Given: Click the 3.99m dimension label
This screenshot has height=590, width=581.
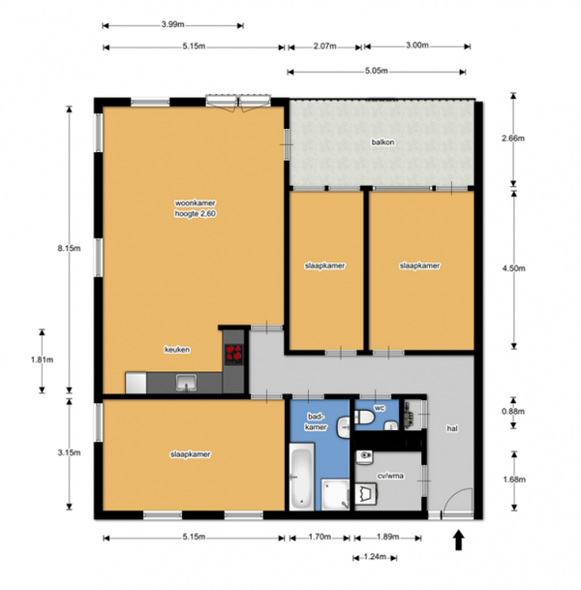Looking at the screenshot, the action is [173, 25].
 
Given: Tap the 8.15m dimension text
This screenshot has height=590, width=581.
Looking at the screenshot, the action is [69, 248].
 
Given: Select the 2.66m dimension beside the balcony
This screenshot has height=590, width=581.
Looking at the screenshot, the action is [513, 139].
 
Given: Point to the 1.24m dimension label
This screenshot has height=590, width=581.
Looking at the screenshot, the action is [375, 557].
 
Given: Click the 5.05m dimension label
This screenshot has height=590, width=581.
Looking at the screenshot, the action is [377, 71].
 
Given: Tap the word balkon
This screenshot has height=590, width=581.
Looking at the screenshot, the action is [382, 142].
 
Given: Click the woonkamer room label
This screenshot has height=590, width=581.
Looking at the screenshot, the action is [196, 203].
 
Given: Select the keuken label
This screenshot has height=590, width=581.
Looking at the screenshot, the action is [177, 350].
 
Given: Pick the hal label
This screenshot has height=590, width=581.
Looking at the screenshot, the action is [452, 428].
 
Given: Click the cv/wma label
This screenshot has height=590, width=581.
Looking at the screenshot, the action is [390, 476].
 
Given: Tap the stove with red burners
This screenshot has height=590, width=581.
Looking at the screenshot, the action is [233, 354].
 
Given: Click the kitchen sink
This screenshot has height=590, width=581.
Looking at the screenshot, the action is [186, 383].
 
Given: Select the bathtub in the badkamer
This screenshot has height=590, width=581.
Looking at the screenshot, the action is [301, 477].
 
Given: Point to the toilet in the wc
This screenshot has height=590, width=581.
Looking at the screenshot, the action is [364, 417].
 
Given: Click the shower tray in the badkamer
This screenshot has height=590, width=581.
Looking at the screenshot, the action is [335, 494].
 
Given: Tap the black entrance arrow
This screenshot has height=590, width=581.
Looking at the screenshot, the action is [458, 540].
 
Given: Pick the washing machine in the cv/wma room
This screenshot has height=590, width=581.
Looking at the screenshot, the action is [366, 494].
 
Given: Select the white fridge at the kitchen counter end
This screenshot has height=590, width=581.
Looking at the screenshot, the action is [136, 383].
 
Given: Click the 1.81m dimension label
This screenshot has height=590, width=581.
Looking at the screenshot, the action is [42, 359].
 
